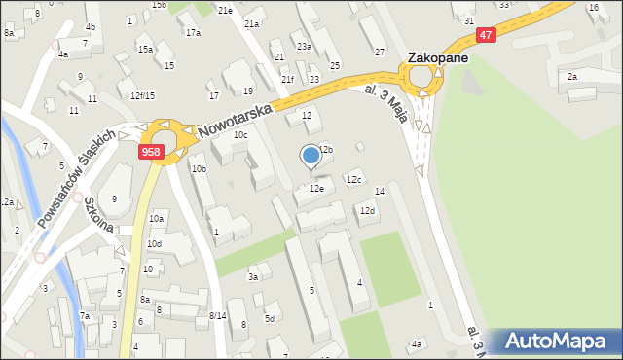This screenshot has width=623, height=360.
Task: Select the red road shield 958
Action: point(151,152)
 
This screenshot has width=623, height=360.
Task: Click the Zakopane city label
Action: point(437,57)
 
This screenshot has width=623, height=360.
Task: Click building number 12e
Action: point(316,189)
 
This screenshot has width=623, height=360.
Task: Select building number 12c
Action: point(354,179)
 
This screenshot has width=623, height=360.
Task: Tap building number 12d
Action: point(367,211)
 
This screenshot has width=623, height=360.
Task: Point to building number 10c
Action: point(239,135)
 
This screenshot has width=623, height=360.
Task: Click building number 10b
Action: point(199,169)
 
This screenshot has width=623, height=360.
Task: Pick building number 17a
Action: point(193,33)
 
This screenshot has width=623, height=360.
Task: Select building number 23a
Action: point(304,47)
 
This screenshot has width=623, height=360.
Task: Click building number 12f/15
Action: point(142,95)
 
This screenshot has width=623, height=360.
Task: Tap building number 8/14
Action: point(217,316)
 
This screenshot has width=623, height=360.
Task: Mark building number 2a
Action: point(572,76)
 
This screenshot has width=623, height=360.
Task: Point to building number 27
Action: point(380,52)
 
